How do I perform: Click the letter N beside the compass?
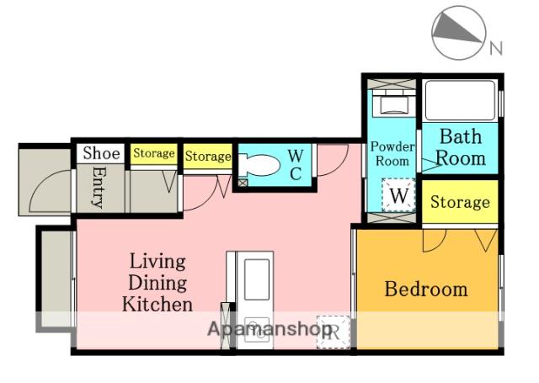496,48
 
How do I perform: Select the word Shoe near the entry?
101,153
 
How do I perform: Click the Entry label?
99,188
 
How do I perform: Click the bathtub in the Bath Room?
461,100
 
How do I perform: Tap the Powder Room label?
392,154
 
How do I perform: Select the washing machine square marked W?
398,195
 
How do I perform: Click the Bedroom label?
426,290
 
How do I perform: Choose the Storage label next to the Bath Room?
460,202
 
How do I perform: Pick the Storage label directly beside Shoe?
153,153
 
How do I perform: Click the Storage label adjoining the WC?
208,157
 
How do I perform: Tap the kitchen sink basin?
256,279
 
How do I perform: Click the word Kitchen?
157,305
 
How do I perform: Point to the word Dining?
157,283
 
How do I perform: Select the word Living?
157,262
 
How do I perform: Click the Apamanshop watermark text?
269,330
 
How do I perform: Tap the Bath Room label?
461,147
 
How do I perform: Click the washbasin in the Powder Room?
394,104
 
